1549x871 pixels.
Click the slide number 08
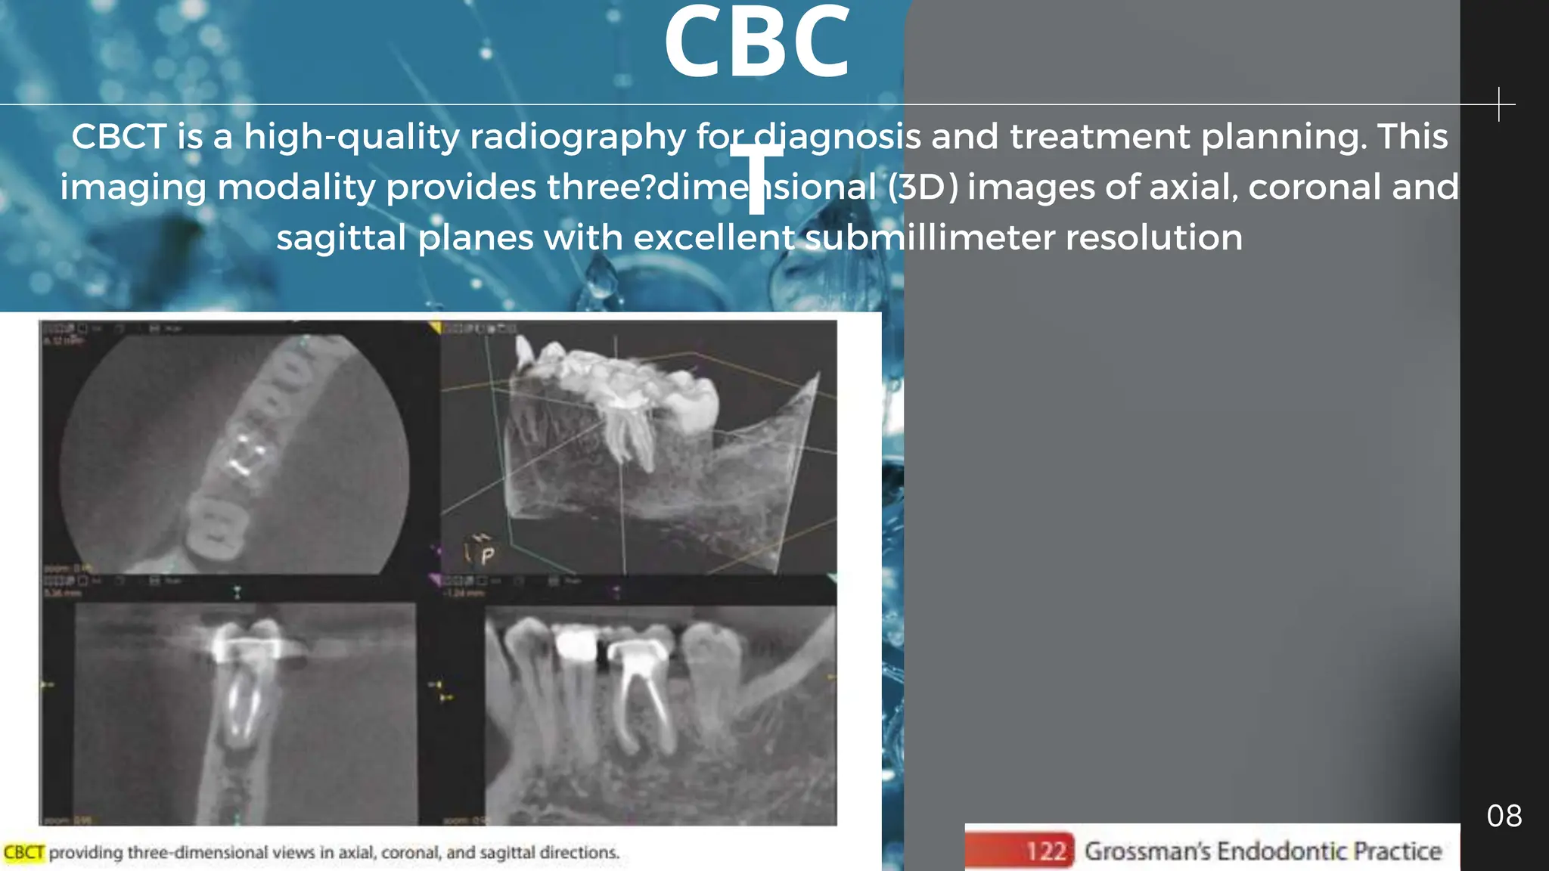click(x=1504, y=816)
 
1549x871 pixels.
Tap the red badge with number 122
click(x=1046, y=851)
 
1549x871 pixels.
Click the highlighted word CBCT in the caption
click(x=24, y=853)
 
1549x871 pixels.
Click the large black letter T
click(x=756, y=178)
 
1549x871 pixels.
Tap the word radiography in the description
click(x=577, y=137)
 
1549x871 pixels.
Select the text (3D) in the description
click(x=923, y=187)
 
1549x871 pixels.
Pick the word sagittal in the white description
click(x=341, y=237)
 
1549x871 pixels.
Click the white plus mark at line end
click(x=1498, y=104)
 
